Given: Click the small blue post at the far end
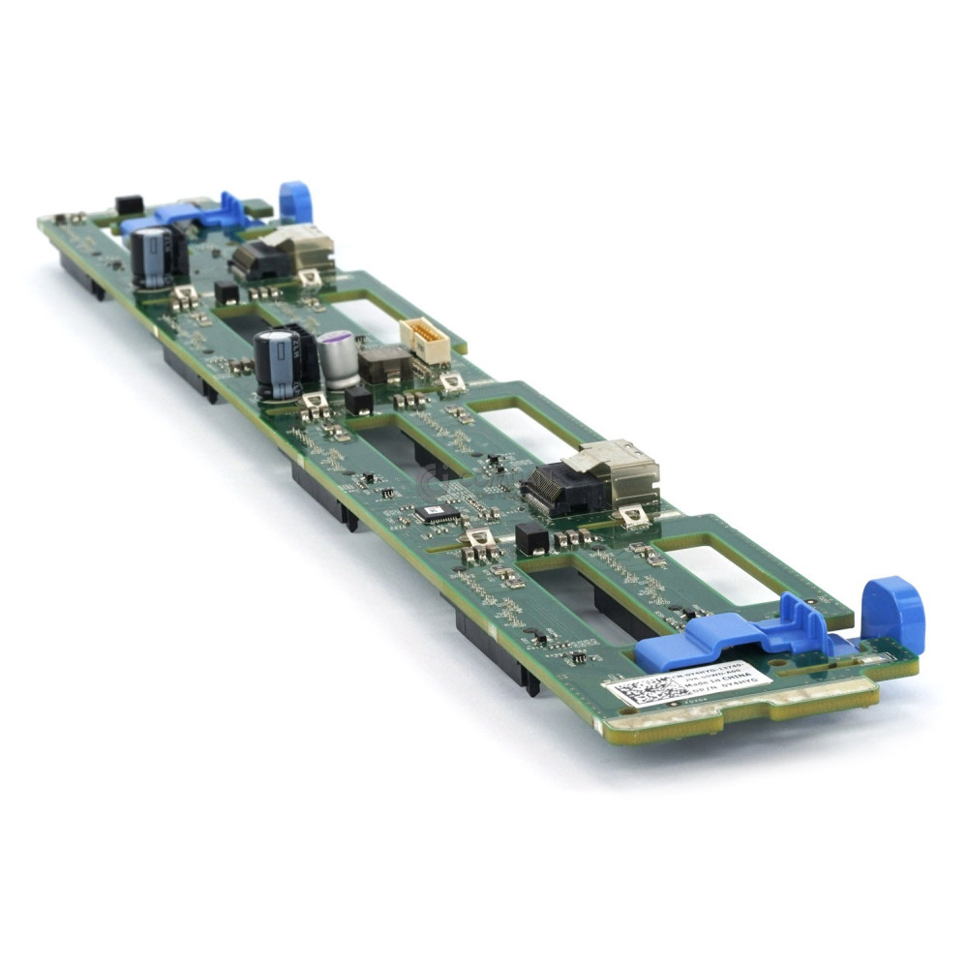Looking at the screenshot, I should [x=295, y=201].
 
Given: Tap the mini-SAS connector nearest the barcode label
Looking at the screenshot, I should [x=590, y=480].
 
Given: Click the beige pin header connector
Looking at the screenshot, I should [x=425, y=339].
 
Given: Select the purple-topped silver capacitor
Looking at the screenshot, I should [x=339, y=358].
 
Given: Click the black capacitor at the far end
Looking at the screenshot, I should [x=155, y=256].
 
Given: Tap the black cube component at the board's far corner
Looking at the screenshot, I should [x=129, y=205].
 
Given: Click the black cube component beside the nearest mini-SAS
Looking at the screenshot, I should [x=531, y=538].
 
